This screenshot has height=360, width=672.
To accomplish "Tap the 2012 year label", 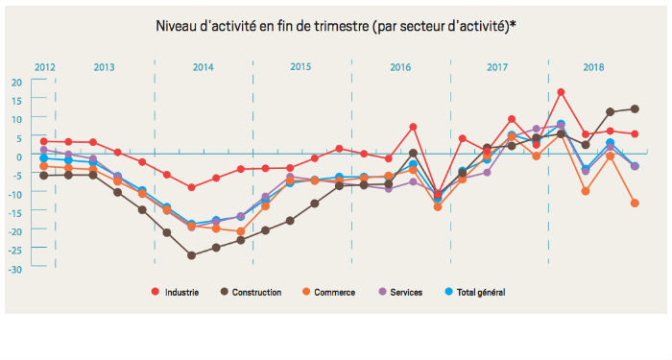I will click(x=44, y=67).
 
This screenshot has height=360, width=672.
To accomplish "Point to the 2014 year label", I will click(x=203, y=67).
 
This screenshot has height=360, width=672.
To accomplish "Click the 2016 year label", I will click(x=400, y=67).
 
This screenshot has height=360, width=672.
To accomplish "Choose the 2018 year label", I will click(x=594, y=67).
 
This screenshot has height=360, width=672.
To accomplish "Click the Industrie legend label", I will click(x=183, y=292).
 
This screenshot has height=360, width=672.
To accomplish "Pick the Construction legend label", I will click(x=255, y=292).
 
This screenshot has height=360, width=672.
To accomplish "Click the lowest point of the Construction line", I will click(x=192, y=255).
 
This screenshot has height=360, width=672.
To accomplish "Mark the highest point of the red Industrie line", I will click(x=561, y=92).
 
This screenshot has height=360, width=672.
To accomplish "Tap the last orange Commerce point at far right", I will click(x=635, y=203).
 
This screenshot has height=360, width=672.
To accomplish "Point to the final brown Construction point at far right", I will click(x=635, y=108).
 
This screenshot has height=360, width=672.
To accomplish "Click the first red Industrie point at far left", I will click(x=44, y=141).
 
